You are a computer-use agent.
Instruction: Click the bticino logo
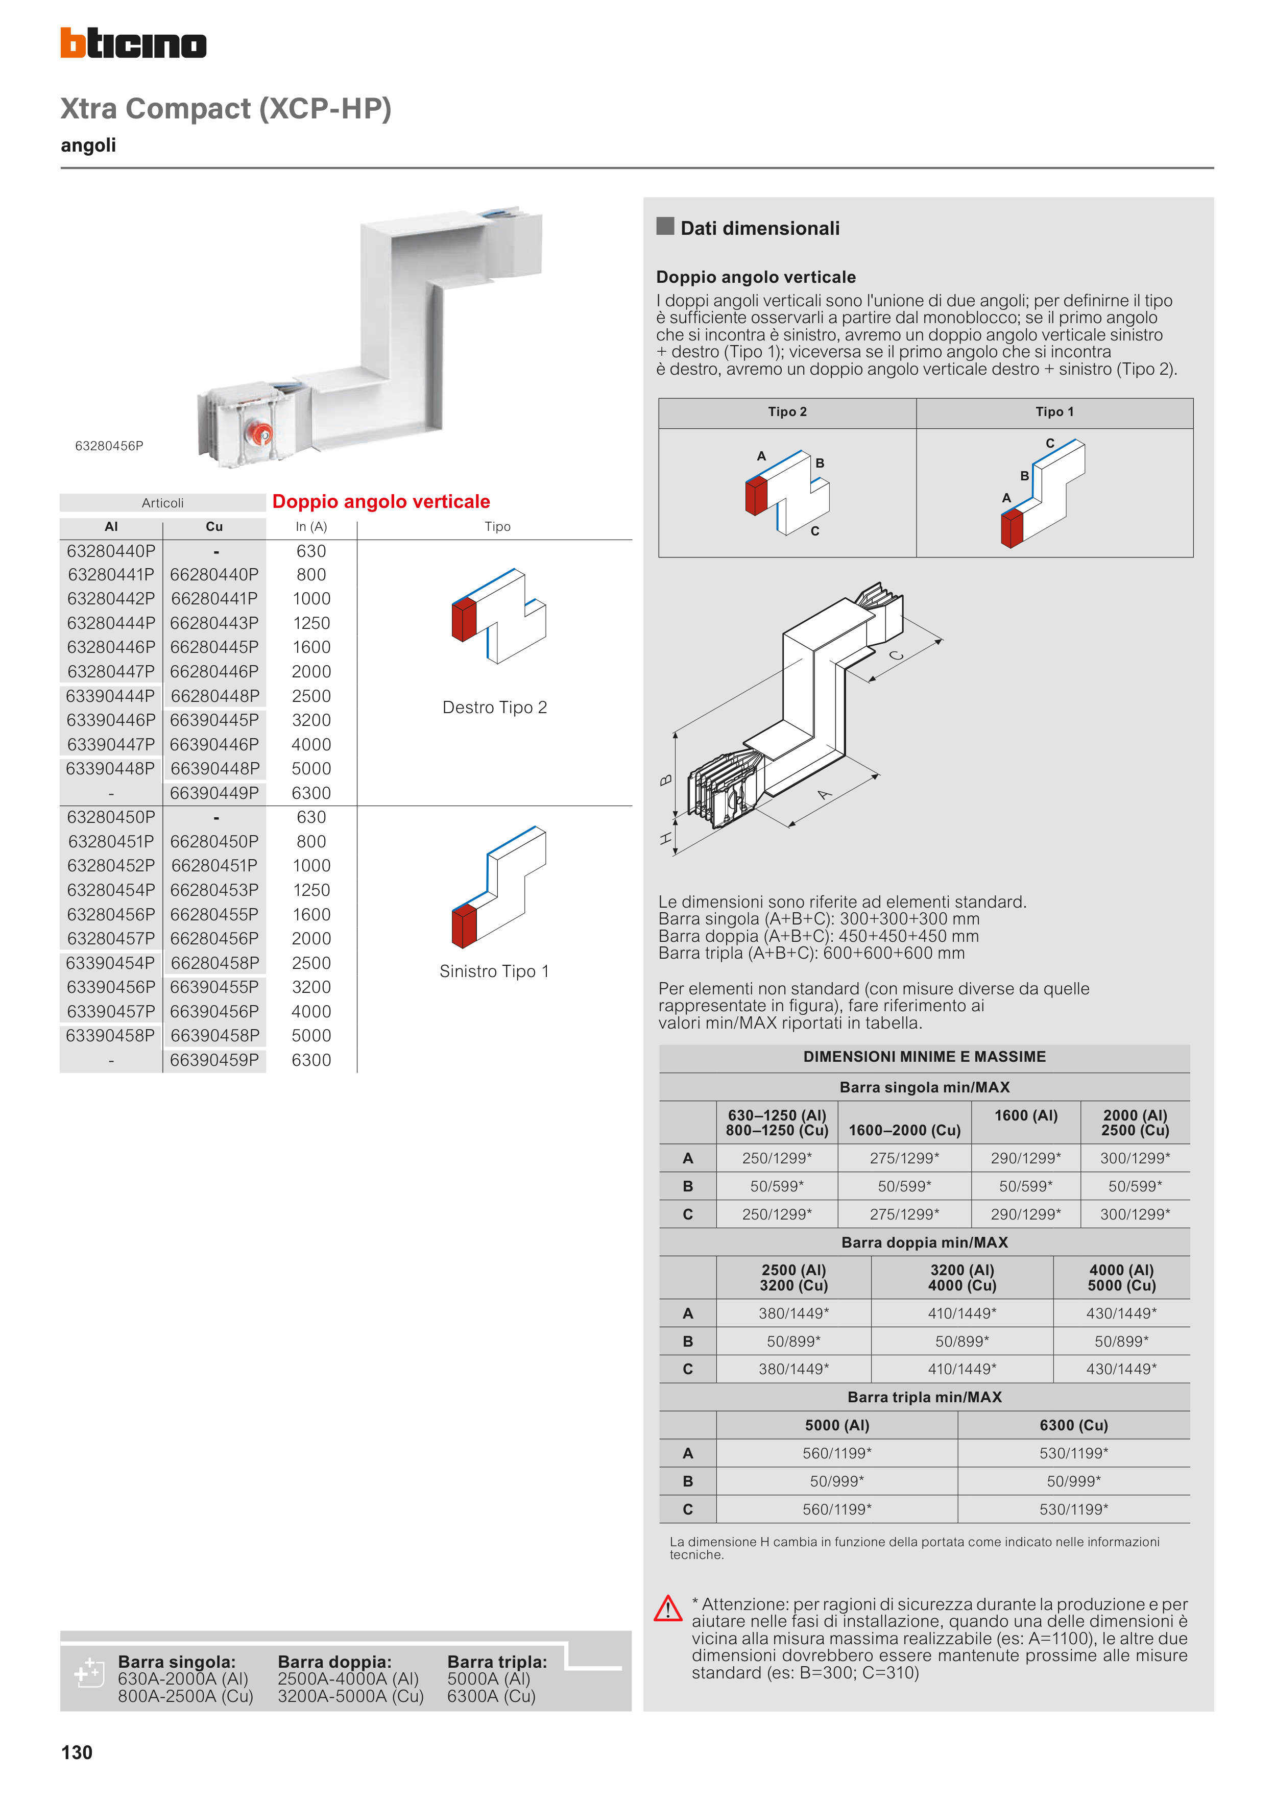point(134,43)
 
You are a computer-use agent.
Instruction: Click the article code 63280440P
point(111,551)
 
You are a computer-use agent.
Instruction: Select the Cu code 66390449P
point(214,793)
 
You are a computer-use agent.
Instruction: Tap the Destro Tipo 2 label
point(495,708)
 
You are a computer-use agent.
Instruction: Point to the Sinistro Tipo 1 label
point(494,971)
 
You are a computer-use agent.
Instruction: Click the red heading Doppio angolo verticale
point(381,502)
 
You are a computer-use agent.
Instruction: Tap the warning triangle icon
point(668,1608)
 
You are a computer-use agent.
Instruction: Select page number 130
point(77,1753)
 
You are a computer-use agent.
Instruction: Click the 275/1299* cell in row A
point(904,1158)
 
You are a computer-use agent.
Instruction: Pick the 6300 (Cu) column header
point(1073,1425)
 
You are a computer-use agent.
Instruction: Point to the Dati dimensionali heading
point(760,229)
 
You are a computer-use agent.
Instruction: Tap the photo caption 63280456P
point(109,446)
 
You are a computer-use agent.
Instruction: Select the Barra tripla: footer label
point(496,1662)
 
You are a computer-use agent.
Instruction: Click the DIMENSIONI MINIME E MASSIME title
point(924,1057)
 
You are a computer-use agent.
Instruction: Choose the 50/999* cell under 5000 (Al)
point(837,1481)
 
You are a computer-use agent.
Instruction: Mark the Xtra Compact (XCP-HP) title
point(226,108)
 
